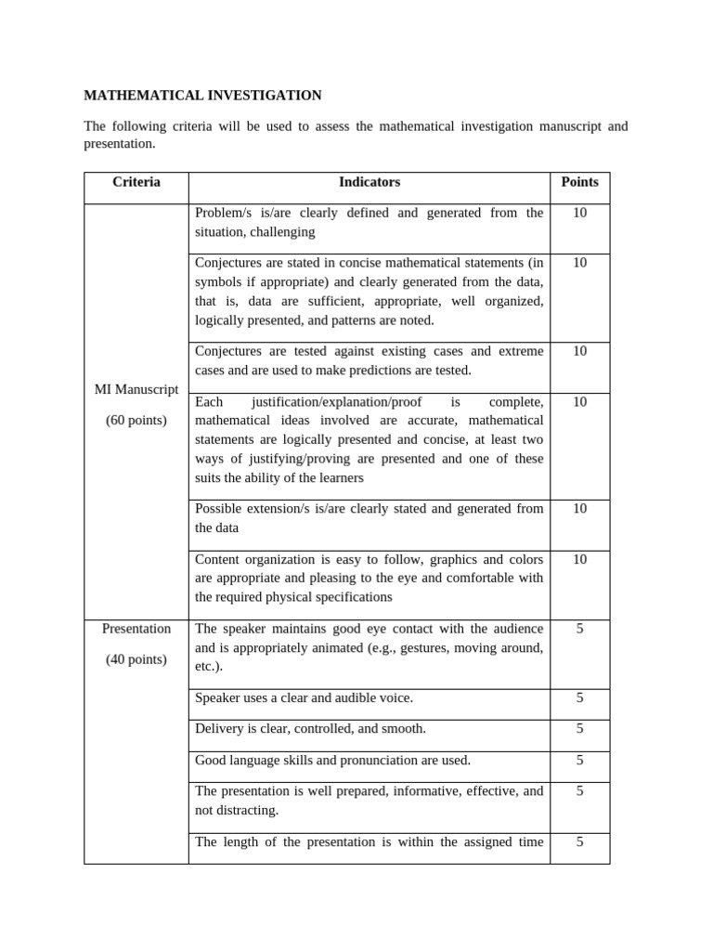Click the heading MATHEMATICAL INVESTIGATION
202,96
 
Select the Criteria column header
136,182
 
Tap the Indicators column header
369,182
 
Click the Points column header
579,182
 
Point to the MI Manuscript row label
136,389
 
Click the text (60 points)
136,421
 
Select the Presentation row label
136,629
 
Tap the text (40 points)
136,660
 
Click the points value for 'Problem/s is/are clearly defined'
579,214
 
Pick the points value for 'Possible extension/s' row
579,509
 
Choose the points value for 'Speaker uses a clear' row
579,697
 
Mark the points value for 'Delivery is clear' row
579,729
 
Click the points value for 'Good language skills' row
579,761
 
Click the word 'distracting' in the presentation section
246,811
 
